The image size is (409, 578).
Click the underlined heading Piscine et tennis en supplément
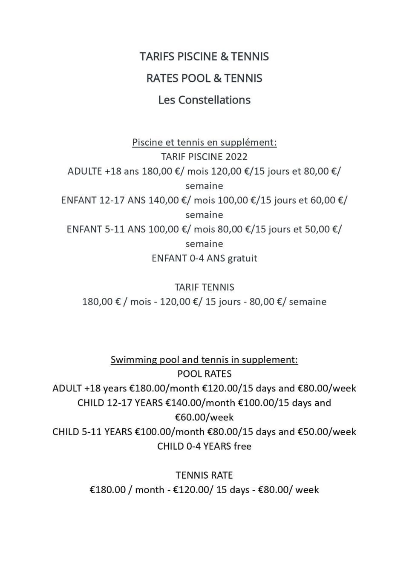point(204,142)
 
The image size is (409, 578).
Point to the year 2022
point(236,157)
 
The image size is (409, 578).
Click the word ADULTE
point(84,171)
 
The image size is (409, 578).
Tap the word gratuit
point(242,258)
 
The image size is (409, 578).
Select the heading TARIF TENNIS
point(204,287)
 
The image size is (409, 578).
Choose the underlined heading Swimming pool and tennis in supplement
point(204,359)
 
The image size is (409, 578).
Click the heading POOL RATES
point(204,374)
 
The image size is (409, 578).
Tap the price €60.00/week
point(204,417)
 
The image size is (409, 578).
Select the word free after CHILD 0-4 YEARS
point(242,446)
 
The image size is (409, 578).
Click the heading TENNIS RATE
point(204,475)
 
